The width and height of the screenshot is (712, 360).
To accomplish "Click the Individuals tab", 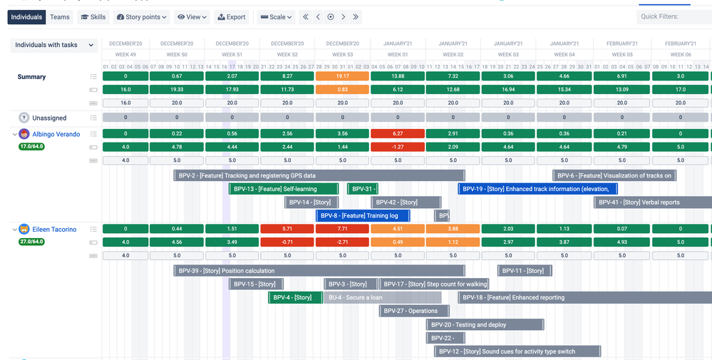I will coord(27,17).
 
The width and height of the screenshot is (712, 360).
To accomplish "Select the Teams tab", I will coord(60,17).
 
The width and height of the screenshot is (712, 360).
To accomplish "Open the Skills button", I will coord(93,17).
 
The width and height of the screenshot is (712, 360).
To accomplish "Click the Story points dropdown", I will coord(142,17).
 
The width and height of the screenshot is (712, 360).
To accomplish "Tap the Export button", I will coord(231,17).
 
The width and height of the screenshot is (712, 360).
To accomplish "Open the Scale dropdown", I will coord(276,17).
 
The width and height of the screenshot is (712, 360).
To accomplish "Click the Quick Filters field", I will coord(674,17).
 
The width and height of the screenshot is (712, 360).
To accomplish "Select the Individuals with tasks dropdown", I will coord(54,45).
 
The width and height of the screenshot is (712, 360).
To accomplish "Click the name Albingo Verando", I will coord(56,134).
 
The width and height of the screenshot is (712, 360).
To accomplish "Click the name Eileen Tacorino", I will coord(54,230).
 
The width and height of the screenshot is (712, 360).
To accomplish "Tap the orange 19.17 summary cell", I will coord(342,76).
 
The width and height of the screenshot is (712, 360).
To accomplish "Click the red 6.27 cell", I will coord(398,133).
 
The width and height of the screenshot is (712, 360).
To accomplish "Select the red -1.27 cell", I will coord(398,147).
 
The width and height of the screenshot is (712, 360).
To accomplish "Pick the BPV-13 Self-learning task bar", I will coord(283,189).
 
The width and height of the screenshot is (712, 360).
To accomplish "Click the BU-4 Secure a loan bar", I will coord(382,297).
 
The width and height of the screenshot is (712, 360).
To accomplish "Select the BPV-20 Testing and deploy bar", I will coord(485,324).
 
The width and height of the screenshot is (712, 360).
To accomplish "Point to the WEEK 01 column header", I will coord(398,54).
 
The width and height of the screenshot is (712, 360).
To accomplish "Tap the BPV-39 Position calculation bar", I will coord(319,271).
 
